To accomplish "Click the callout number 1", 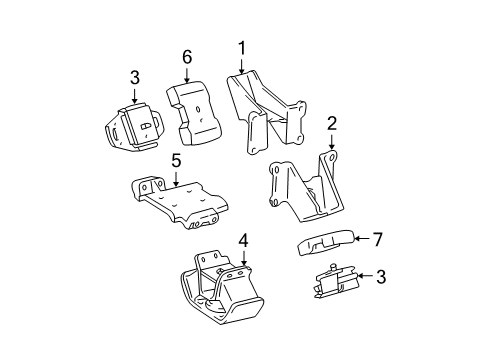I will [241, 46].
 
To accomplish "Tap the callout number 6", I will [187, 59].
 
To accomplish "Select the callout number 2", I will [332, 123].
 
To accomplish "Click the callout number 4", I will [243, 241].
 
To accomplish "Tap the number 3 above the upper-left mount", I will [133, 76].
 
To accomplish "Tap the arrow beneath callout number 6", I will [187, 77].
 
